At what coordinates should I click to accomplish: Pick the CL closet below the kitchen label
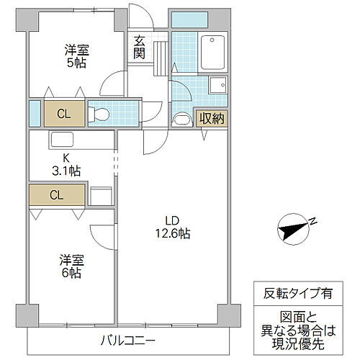tap(55, 194)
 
